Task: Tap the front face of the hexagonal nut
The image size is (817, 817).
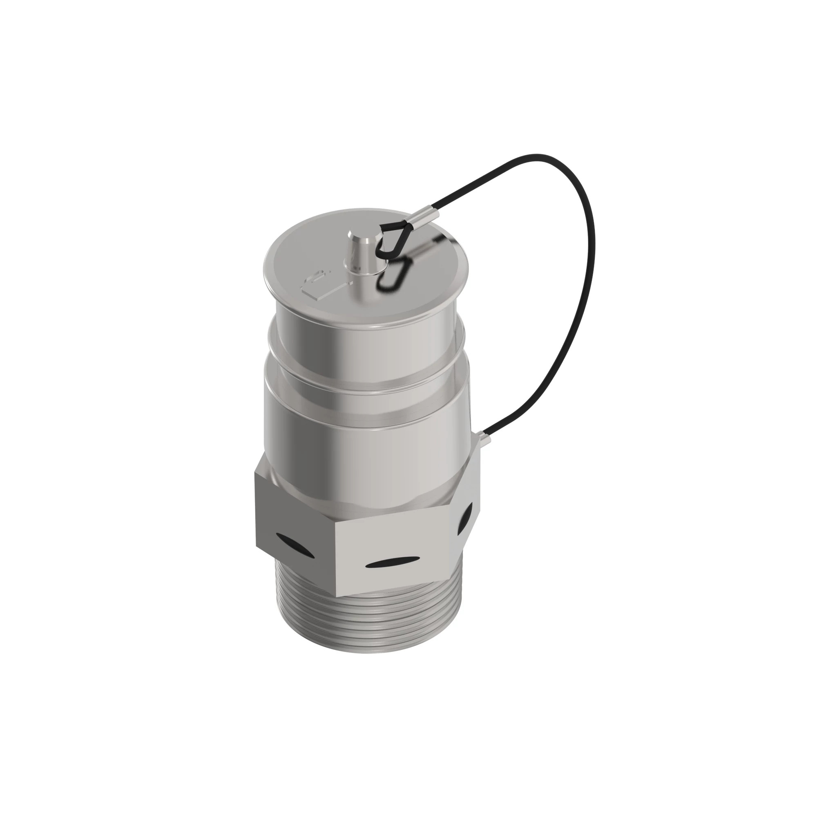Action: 393,545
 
